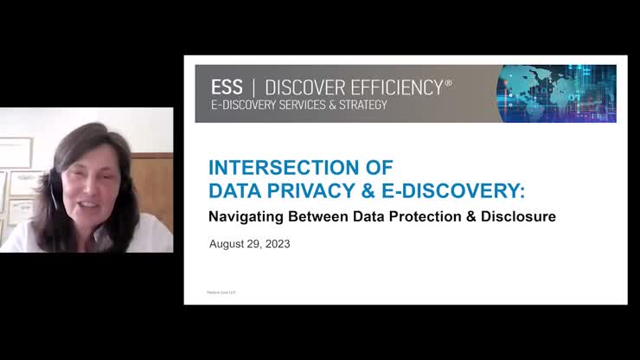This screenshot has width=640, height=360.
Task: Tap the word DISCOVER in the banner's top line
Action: coord(304,87)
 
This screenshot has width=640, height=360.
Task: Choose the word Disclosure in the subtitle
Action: coord(517,217)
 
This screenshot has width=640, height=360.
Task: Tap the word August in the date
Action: coord(228,244)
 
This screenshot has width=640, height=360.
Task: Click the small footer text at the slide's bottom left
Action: coord(222,292)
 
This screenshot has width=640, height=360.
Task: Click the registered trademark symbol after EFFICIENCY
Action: coord(448,82)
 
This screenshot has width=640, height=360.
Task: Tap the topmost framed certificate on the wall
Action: coord(15,152)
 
